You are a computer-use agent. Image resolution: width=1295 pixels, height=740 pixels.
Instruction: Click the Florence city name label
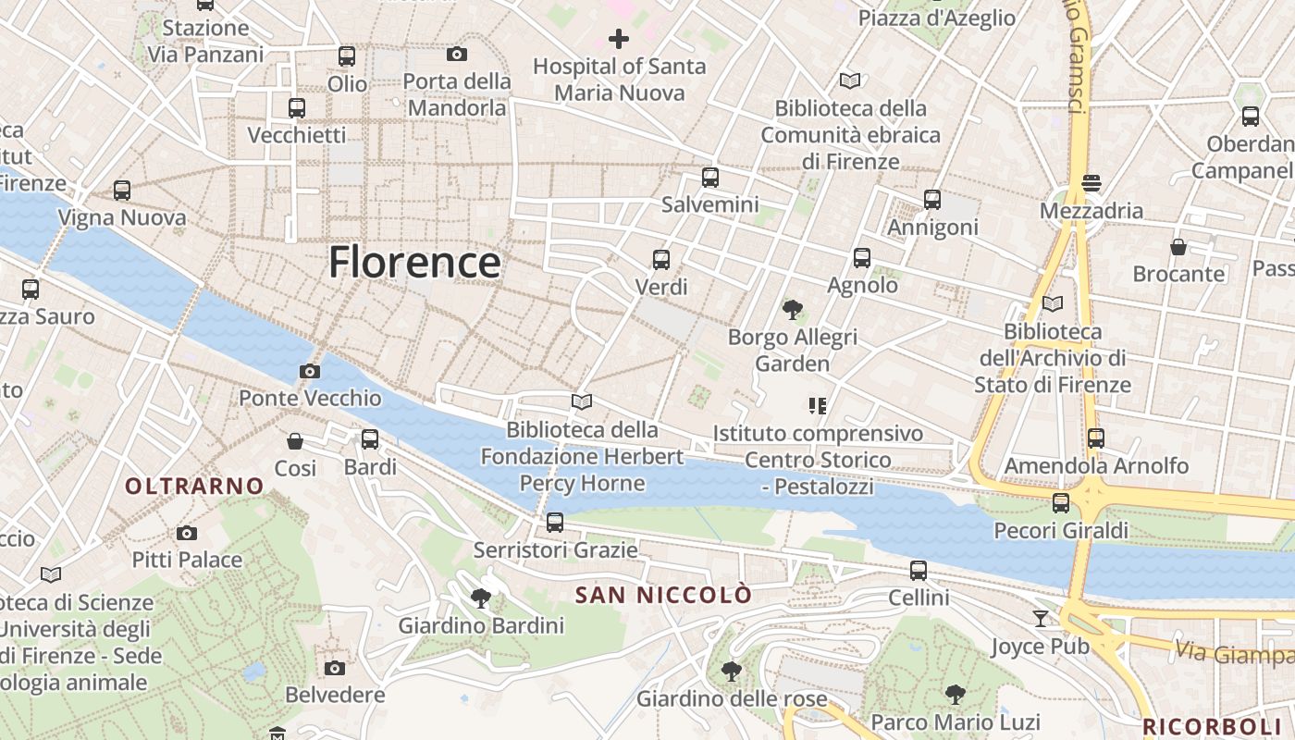[x=414, y=263]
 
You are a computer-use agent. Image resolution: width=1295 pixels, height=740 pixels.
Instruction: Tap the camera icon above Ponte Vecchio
[x=310, y=372]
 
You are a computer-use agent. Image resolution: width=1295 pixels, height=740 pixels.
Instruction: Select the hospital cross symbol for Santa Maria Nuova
[x=619, y=39]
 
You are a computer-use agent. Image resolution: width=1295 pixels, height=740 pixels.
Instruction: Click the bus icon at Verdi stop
[x=661, y=260]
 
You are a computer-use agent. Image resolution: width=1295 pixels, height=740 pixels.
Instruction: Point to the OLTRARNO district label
[x=194, y=486]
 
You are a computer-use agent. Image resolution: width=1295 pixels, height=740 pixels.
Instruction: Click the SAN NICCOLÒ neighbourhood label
[x=663, y=595]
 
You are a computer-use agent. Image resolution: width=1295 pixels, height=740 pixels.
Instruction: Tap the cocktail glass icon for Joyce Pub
[x=1041, y=618]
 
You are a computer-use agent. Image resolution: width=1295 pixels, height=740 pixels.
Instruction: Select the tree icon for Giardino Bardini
[x=480, y=598]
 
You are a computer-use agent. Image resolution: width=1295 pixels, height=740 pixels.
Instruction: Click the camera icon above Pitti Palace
[x=187, y=533]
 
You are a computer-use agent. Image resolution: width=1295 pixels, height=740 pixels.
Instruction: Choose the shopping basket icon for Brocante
[x=1178, y=247]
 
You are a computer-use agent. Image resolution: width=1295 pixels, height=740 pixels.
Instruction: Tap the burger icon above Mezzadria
[x=1091, y=182]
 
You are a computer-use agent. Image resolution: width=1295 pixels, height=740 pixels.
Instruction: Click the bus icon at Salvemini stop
[x=710, y=178]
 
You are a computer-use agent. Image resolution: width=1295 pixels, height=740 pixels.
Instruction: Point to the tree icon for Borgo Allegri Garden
[x=792, y=310]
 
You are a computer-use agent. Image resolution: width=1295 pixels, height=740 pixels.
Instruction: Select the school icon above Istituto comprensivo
[x=817, y=405]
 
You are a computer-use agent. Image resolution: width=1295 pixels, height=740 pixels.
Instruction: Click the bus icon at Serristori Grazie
[x=555, y=523]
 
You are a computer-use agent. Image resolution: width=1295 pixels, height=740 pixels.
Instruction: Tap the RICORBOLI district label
[x=1217, y=726]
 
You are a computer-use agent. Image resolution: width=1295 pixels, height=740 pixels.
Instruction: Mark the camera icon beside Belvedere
[x=335, y=668]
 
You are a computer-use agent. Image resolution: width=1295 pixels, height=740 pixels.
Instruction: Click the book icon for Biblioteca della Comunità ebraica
[x=849, y=81]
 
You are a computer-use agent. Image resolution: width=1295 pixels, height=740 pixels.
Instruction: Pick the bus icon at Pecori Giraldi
[x=1061, y=503]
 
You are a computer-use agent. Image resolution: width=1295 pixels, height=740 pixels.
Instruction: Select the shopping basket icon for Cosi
[x=295, y=441]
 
